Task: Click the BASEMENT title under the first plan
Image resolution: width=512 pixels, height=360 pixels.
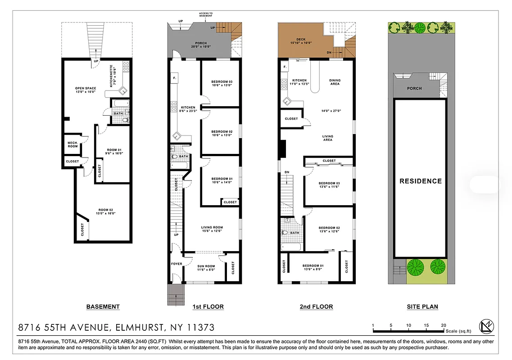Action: (x=103, y=307)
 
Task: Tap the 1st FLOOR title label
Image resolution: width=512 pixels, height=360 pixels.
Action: (x=208, y=307)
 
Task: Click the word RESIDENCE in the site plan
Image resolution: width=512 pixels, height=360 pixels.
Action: (x=421, y=181)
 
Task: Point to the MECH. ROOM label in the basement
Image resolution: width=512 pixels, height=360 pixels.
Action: (x=73, y=144)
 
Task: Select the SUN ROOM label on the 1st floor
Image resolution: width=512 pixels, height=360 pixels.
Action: (x=207, y=266)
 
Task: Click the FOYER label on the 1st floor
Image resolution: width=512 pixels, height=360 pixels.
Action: (x=177, y=264)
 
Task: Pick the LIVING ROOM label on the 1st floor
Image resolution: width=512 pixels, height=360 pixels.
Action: (x=212, y=227)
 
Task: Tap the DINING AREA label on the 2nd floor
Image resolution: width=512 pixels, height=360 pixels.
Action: (x=335, y=82)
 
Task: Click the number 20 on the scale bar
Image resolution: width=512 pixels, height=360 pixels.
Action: (x=444, y=325)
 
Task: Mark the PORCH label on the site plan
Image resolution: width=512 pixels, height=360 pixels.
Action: (x=414, y=88)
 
